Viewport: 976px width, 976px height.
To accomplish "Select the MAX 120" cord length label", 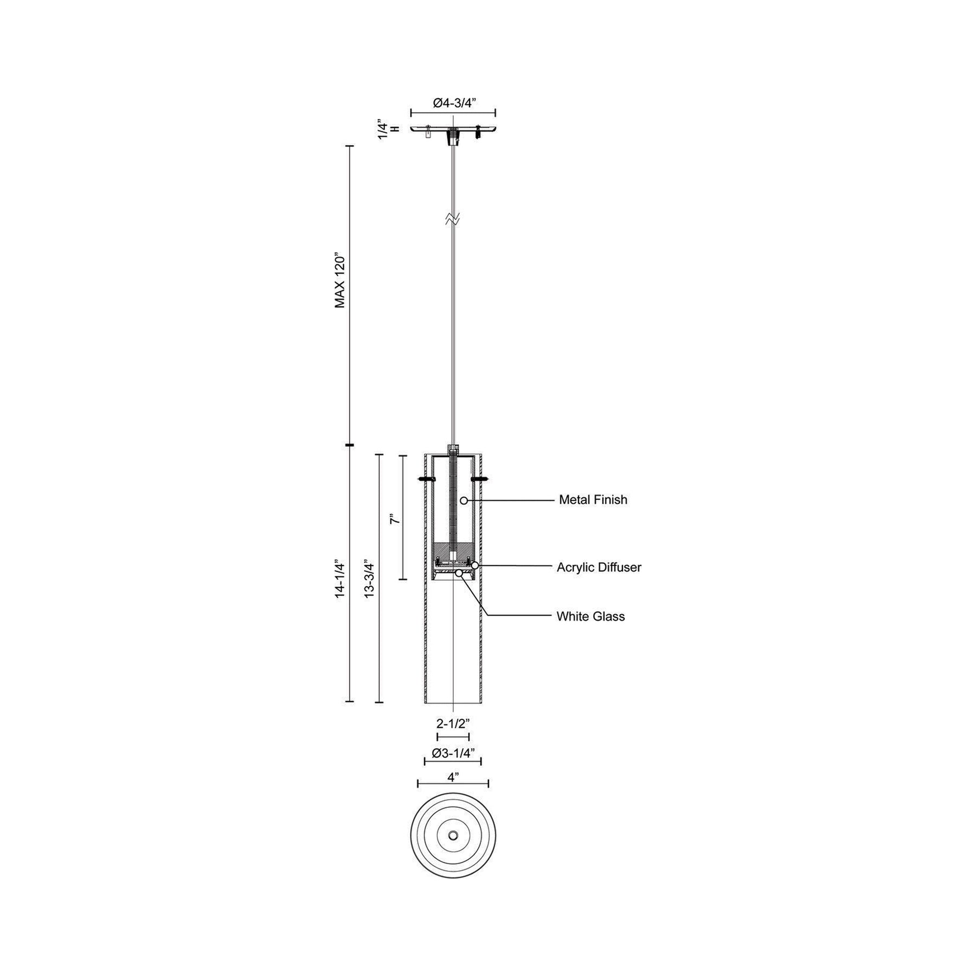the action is pyautogui.click(x=340, y=280).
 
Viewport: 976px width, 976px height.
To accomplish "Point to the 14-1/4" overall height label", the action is pyautogui.click(x=340, y=578).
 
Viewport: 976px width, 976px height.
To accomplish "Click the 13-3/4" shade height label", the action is pyautogui.click(x=369, y=578).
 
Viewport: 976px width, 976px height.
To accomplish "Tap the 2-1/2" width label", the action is pyautogui.click(x=453, y=723).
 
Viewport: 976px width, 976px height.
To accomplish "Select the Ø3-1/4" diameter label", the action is pyautogui.click(x=453, y=753).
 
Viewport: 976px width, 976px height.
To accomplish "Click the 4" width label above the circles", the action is pyautogui.click(x=453, y=776).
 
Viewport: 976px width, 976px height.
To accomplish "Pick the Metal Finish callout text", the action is pyautogui.click(x=593, y=499).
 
